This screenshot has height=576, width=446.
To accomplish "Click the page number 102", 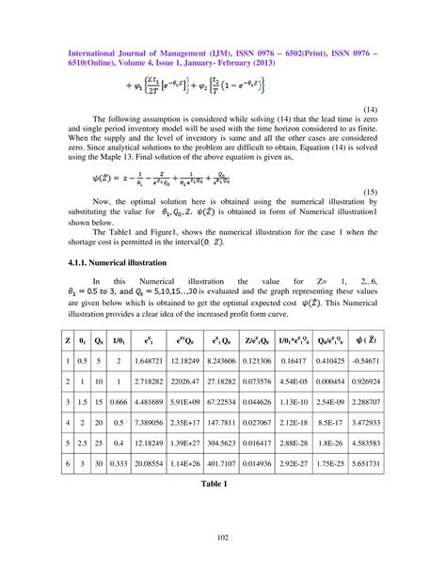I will [x=223, y=537].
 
